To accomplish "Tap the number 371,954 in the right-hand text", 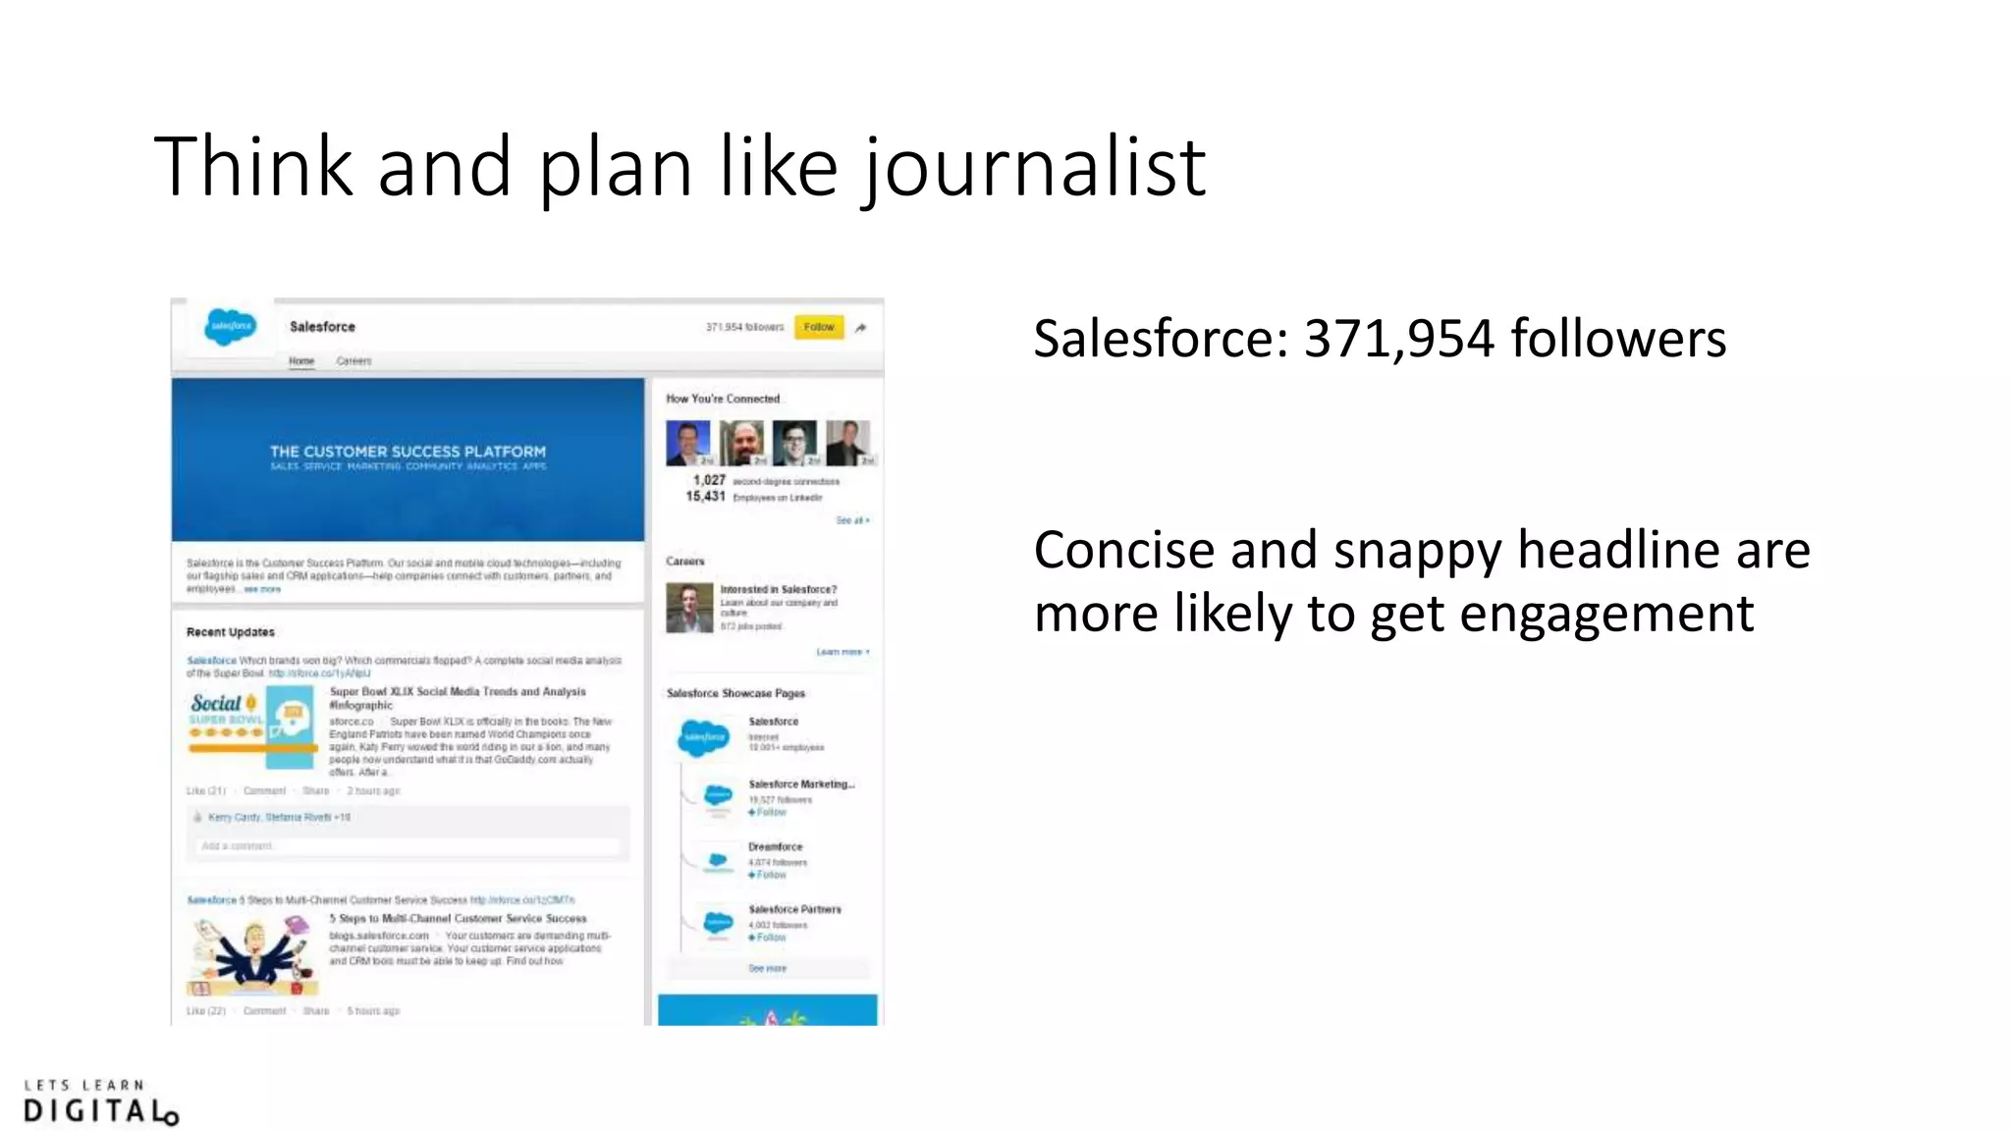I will tap(1398, 340).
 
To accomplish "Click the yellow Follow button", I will tap(818, 327).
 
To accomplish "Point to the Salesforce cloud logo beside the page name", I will tap(230, 327).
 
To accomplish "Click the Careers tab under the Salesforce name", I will tap(353, 361).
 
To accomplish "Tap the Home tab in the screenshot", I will tap(301, 361).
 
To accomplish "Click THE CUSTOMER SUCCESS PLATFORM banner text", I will tap(408, 452).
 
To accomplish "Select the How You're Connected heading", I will tap(723, 399).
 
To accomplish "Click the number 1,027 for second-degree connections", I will tap(709, 480).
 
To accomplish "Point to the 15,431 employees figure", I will tap(705, 497).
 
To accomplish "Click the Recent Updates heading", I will tap(231, 632).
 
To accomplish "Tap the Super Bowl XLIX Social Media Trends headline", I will tap(458, 692).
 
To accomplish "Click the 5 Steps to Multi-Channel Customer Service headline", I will tap(458, 919).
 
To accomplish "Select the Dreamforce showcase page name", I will tap(775, 846).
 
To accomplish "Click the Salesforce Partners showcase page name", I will tap(794, 909).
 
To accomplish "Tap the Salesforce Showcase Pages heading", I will tap(735, 693).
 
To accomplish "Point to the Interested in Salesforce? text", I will tap(778, 590).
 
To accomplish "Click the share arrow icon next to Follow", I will tap(861, 328).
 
